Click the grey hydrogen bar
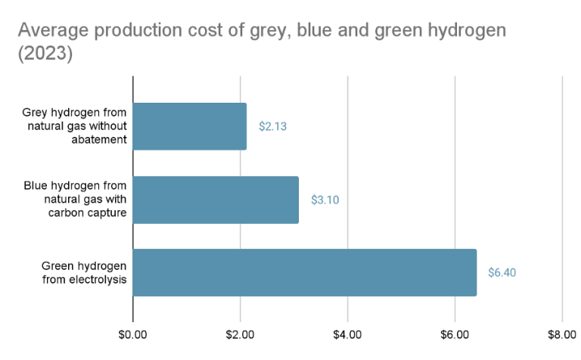pyautogui.click(x=189, y=126)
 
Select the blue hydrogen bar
pyautogui.click(x=216, y=200)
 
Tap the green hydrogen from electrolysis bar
pyautogui.click(x=305, y=272)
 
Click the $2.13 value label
pyautogui.click(x=272, y=126)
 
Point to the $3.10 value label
pyautogui.click(x=325, y=200)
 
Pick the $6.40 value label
pyautogui.click(x=502, y=272)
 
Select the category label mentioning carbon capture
pyautogui.click(x=76, y=200)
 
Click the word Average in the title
pyautogui.click(x=49, y=32)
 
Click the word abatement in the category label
pyautogui.click(x=96, y=141)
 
